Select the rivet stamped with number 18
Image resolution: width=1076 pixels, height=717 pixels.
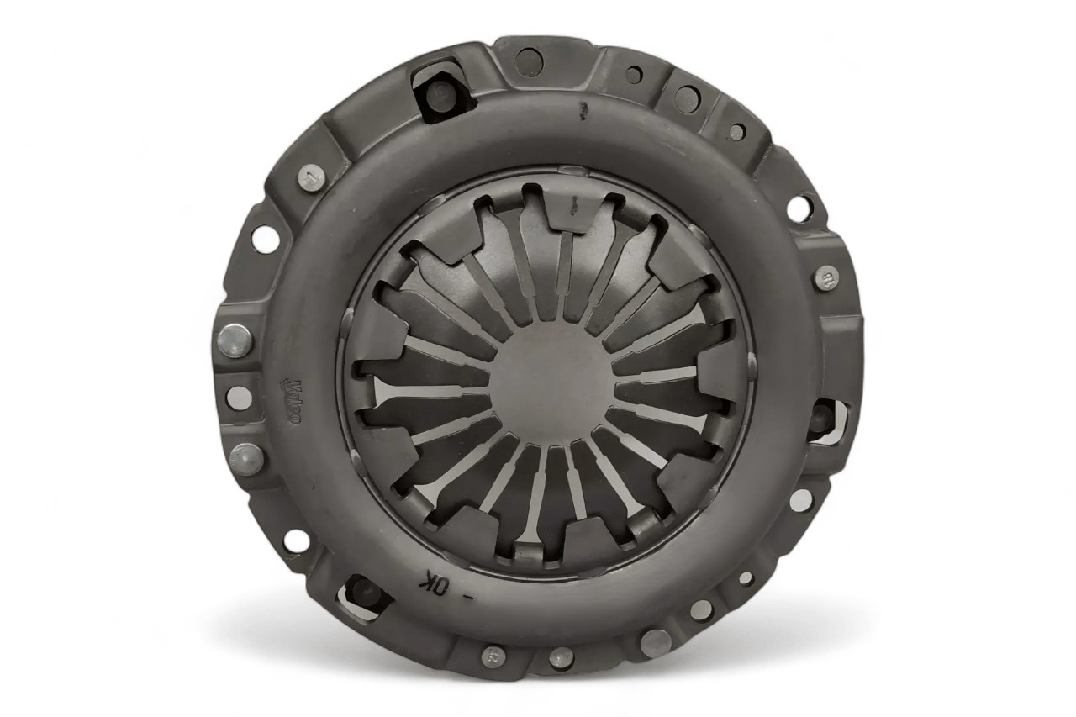tap(825, 277)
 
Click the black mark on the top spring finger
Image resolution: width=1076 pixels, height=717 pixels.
tap(572, 205)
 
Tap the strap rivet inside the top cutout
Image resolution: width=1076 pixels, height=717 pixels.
tap(439, 91)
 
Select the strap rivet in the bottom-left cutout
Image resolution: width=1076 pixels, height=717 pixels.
tap(361, 593)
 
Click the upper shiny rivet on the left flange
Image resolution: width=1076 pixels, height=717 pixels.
tap(235, 340)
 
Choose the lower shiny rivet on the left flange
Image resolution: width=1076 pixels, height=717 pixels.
tap(245, 458)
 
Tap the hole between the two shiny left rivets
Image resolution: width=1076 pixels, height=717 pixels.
tap(239, 398)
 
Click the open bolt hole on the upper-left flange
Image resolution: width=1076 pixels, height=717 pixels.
tap(265, 239)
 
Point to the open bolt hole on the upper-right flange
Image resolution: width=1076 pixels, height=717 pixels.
tap(799, 207)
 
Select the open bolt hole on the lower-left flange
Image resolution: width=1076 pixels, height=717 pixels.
tap(295, 540)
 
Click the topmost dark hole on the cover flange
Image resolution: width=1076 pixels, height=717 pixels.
tap(529, 61)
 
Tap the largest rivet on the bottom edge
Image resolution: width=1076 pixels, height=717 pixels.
tap(655, 642)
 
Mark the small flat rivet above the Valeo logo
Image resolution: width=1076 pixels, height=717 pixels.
tap(311, 178)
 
